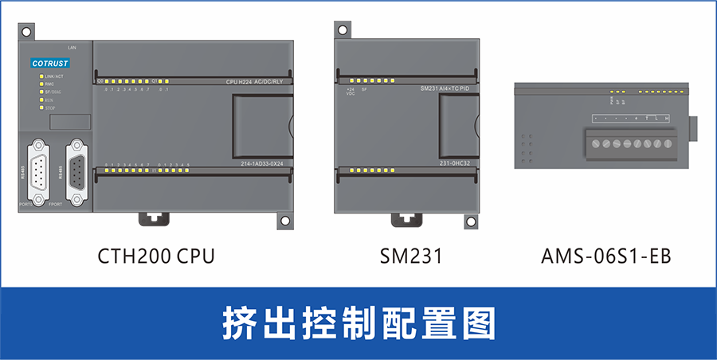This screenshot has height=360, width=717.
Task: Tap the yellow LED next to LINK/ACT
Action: (41, 76)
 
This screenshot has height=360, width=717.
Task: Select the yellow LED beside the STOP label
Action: (41, 108)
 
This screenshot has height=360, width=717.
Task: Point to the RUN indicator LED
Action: (41, 100)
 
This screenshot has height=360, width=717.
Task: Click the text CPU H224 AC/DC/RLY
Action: (260, 82)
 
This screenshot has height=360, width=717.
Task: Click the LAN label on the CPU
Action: (72, 48)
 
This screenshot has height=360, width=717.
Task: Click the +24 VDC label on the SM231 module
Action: (351, 92)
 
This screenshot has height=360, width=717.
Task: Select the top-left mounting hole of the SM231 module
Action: (343, 31)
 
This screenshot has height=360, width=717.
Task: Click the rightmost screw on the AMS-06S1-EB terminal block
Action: (666, 144)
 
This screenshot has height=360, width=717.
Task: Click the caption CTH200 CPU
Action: (156, 256)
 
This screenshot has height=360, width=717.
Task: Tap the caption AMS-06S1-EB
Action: (606, 256)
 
